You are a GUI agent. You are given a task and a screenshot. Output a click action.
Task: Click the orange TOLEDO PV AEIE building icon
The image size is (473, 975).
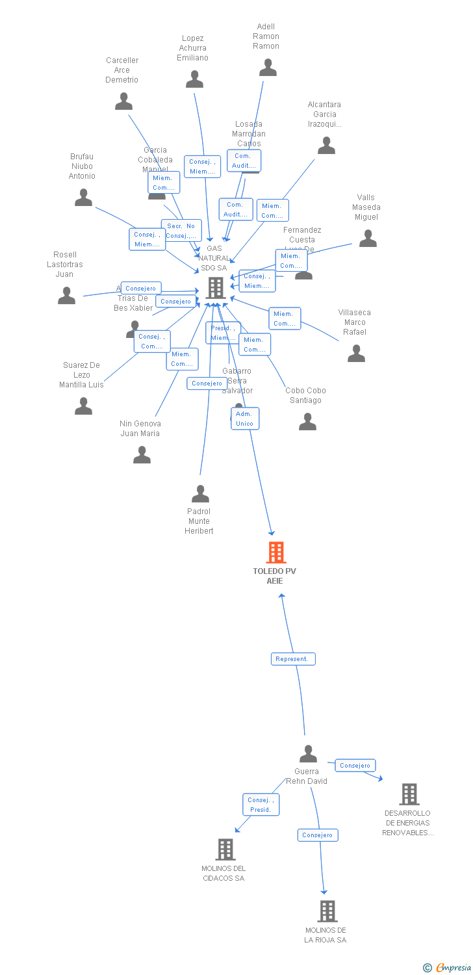tap(276, 552)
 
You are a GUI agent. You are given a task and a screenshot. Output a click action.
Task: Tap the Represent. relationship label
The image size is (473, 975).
tap(293, 659)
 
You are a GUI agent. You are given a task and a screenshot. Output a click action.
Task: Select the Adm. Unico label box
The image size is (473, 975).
tap(245, 419)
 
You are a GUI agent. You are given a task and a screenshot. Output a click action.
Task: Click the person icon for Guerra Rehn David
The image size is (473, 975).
tap(308, 754)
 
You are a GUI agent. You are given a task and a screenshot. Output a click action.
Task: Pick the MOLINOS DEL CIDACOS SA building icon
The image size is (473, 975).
tap(225, 849)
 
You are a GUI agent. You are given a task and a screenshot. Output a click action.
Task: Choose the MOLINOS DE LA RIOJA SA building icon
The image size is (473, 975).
tap(327, 911)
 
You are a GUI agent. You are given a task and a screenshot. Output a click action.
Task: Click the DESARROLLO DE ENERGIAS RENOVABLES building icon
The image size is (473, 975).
tap(409, 794)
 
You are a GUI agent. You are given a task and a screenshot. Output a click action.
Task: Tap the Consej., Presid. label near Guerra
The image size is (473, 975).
tap(261, 805)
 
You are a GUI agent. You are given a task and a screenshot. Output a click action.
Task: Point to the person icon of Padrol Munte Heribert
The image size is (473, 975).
tap(200, 494)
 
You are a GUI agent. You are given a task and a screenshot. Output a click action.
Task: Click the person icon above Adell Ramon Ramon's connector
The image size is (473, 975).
tap(268, 68)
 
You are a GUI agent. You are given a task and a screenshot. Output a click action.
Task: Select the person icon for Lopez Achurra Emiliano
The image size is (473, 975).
tap(194, 79)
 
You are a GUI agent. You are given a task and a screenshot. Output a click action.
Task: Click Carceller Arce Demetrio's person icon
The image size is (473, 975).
tap(123, 101)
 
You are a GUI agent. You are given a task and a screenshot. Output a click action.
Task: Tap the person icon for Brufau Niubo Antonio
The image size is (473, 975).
tap(83, 198)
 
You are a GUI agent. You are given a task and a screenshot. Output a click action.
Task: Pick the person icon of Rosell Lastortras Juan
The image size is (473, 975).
tap(66, 296)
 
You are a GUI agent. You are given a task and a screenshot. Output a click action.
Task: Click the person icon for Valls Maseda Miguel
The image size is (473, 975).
tap(368, 239)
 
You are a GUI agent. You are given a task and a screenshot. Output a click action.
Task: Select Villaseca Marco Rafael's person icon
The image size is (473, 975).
tap(356, 354)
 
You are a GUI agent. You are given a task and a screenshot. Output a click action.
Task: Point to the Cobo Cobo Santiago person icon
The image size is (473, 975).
tap(307, 422)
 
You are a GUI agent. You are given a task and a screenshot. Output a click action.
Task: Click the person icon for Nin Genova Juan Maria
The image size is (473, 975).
tap(142, 455)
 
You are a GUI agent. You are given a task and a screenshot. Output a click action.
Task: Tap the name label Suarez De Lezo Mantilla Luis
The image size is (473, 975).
tap(81, 375)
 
